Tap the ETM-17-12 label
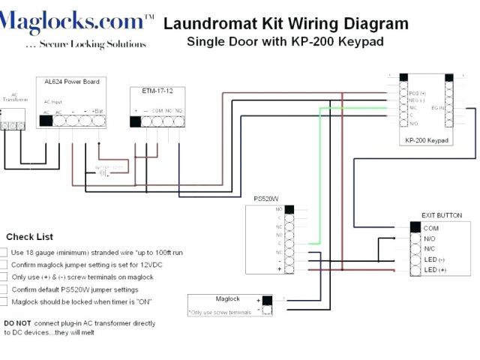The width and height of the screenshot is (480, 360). (157, 91)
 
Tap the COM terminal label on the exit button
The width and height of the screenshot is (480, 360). (431, 228)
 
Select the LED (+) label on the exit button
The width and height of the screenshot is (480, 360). (434, 269)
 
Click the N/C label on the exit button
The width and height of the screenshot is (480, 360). (430, 248)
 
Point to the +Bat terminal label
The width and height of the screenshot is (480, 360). (98, 110)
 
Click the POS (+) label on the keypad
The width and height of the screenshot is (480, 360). (418, 94)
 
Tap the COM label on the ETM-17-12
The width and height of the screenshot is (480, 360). (157, 110)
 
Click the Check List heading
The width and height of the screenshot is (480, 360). (29, 237)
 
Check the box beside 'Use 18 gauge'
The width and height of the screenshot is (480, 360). (4, 253)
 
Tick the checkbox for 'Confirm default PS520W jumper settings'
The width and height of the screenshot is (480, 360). (4, 289)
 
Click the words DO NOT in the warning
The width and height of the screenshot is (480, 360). (17, 323)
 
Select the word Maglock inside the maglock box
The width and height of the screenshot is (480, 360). (227, 298)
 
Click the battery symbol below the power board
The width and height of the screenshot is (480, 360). (103, 172)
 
